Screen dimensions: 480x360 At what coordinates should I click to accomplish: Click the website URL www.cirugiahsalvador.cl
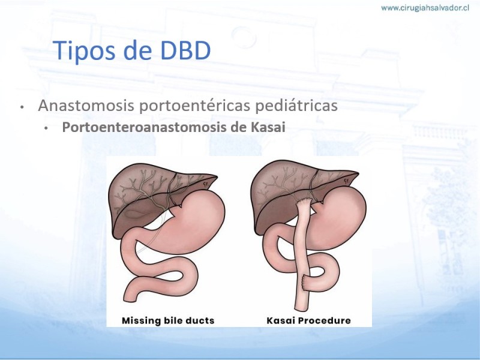[x=425, y=8]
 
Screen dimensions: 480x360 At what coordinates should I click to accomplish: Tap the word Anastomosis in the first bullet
[x=86, y=106]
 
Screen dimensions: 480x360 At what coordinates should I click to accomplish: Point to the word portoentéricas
[x=195, y=106]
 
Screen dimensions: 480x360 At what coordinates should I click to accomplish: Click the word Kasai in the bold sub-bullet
[x=268, y=127]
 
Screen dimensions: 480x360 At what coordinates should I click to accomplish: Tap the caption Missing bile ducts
[x=168, y=320]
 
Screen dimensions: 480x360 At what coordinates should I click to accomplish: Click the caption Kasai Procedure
[x=308, y=320]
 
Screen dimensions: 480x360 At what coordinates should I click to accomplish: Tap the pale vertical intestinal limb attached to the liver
[x=302, y=254]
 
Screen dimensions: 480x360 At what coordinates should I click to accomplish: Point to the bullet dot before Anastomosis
[x=22, y=107]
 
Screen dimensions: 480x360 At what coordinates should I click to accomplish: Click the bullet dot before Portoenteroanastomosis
[x=46, y=128]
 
